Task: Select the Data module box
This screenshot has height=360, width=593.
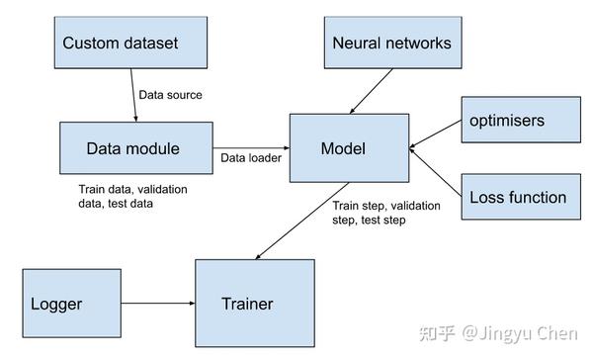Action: pyautogui.click(x=135, y=149)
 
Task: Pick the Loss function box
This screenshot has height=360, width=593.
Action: pyautogui.click(x=518, y=197)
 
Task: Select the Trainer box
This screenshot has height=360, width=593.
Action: pyautogui.click(x=255, y=304)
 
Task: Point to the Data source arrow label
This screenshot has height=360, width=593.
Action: pyautogui.click(x=170, y=95)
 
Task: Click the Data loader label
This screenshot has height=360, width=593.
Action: pyautogui.click(x=250, y=157)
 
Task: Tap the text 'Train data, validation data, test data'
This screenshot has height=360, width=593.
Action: pyautogui.click(x=132, y=195)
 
